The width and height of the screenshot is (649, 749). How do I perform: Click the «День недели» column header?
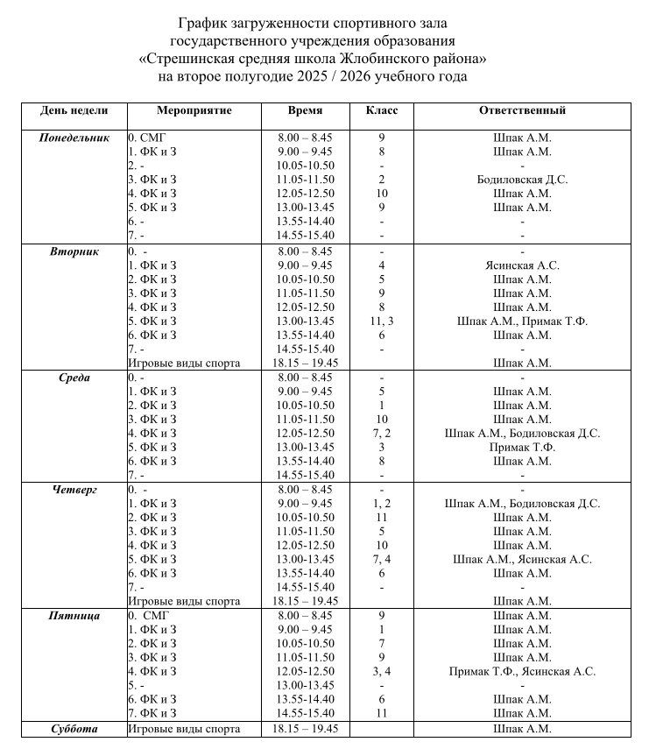tap(74, 111)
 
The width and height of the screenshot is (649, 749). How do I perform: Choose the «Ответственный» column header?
tap(522, 111)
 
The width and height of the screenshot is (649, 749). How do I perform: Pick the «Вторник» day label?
tap(74, 251)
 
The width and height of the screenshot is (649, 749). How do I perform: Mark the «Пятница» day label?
tap(74, 616)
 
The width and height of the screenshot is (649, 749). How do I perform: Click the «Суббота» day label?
tap(74, 729)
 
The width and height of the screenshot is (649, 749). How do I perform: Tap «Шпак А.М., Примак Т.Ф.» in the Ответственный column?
tap(522, 322)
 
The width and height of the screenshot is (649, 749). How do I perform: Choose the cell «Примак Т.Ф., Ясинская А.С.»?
tap(522, 672)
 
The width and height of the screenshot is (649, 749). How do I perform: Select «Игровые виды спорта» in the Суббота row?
tap(184, 729)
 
